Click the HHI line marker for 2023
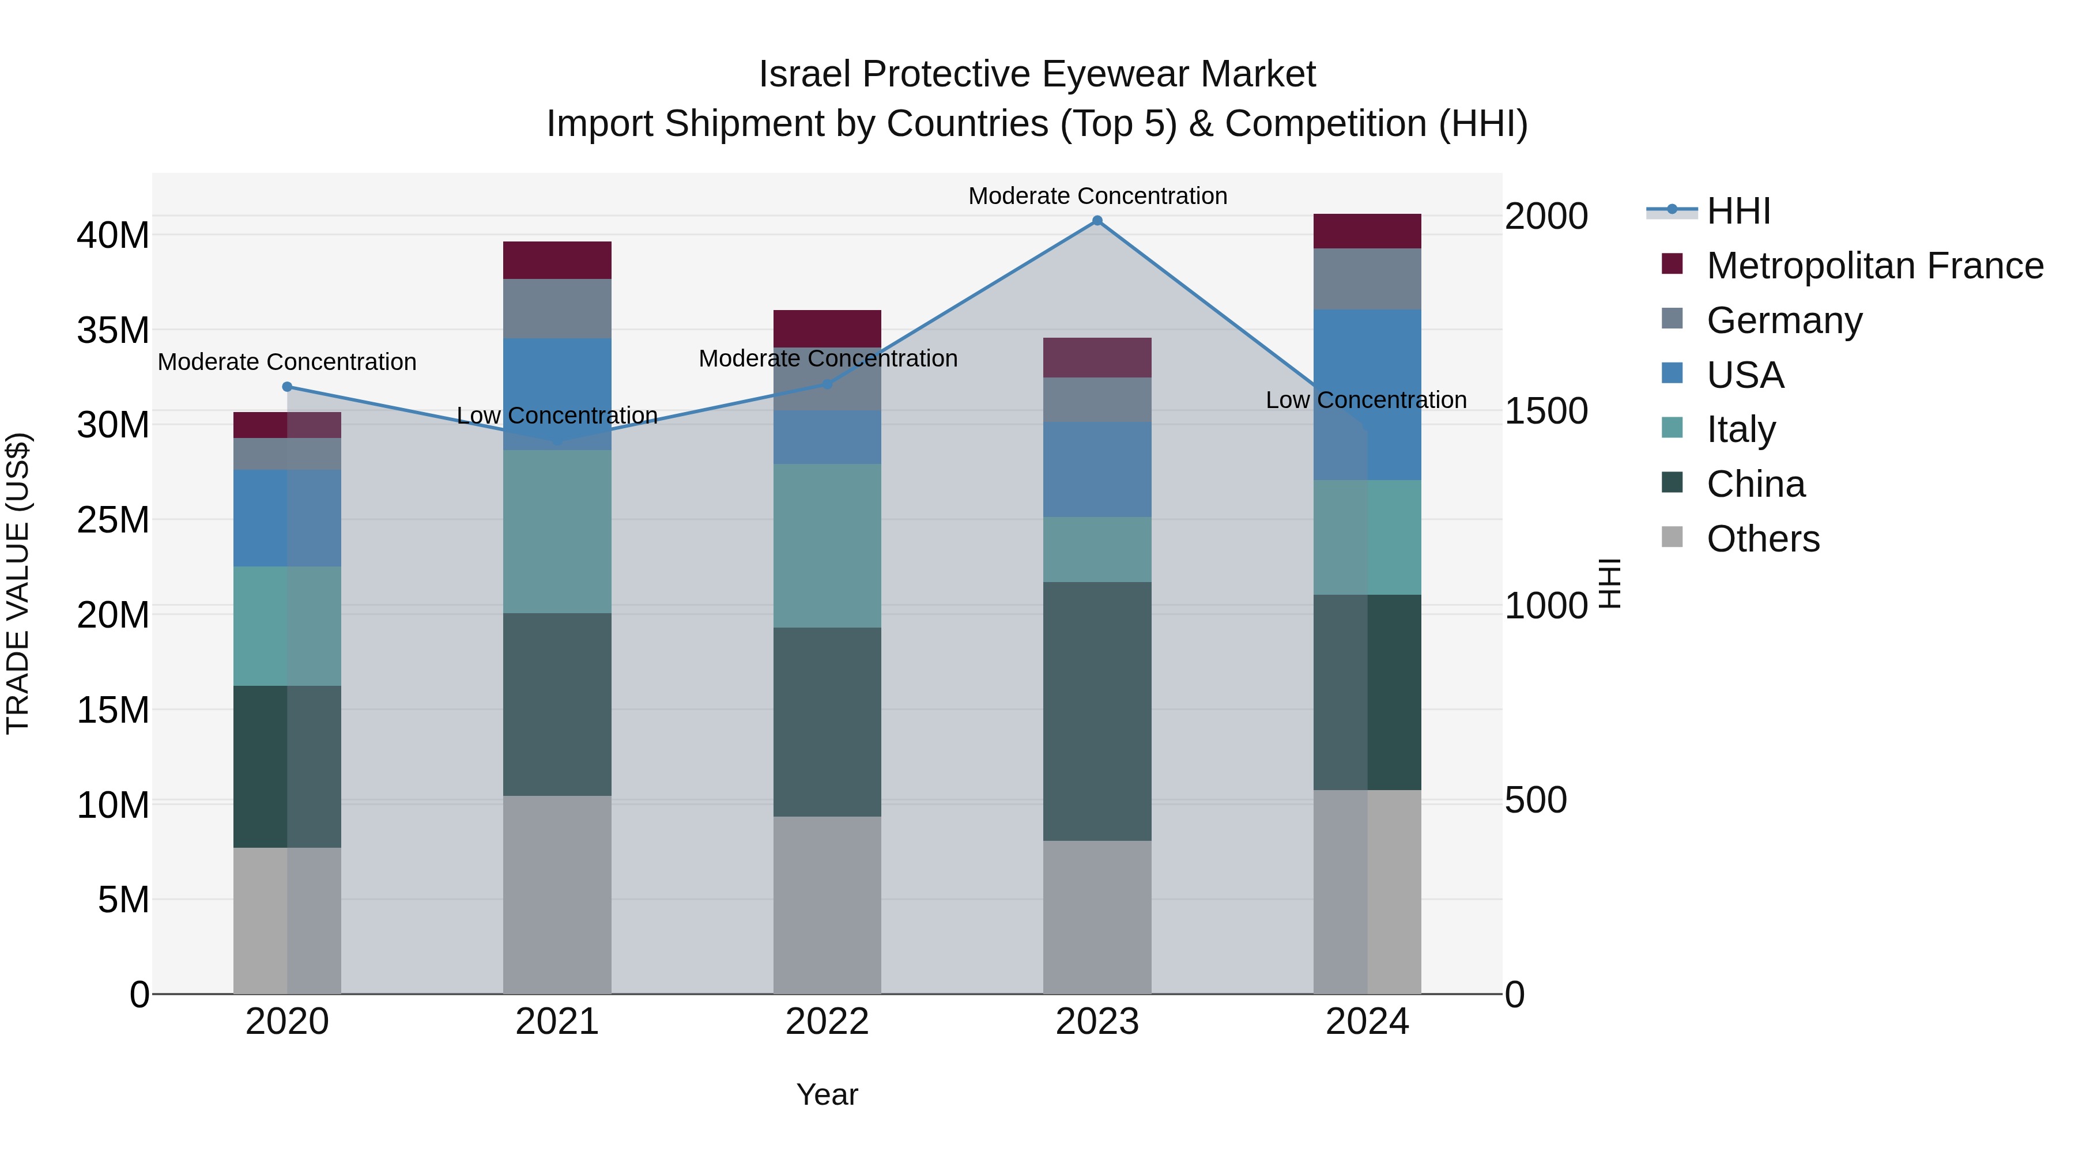1097,221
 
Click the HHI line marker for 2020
288,387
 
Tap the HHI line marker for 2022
827,384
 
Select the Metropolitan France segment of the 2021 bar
557,260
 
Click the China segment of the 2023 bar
1097,711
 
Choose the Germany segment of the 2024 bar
1367,279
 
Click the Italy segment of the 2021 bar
557,531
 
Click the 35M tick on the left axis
114,330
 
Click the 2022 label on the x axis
827,1022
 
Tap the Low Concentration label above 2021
557,416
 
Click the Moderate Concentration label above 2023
1097,196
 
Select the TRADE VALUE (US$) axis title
18,583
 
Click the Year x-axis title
827,1094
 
